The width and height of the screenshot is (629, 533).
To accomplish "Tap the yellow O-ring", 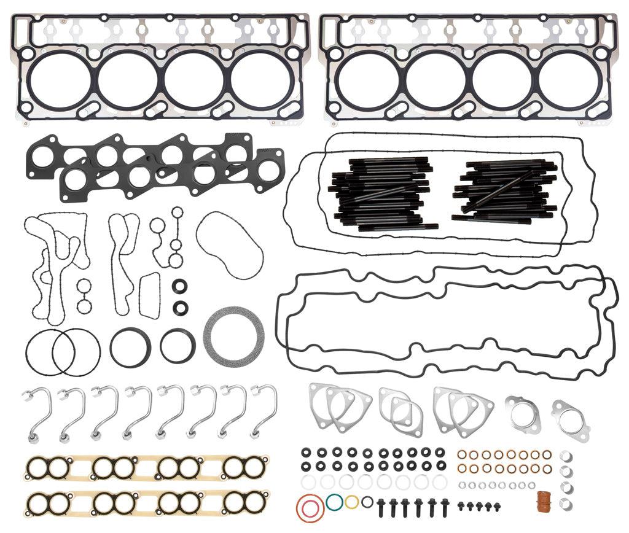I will (x=351, y=502).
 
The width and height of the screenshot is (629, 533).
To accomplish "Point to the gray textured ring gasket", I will (x=234, y=335).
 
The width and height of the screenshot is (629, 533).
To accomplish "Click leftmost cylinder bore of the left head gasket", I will (x=60, y=79).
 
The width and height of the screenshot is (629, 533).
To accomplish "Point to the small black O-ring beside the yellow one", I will (x=367, y=502).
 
